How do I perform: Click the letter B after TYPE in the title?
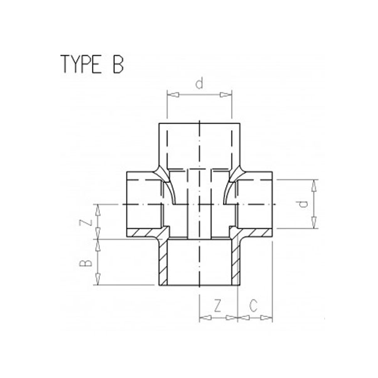(115, 66)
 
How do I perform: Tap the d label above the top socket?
(199, 83)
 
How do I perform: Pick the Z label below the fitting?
(217, 306)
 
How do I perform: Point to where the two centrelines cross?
(199, 205)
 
